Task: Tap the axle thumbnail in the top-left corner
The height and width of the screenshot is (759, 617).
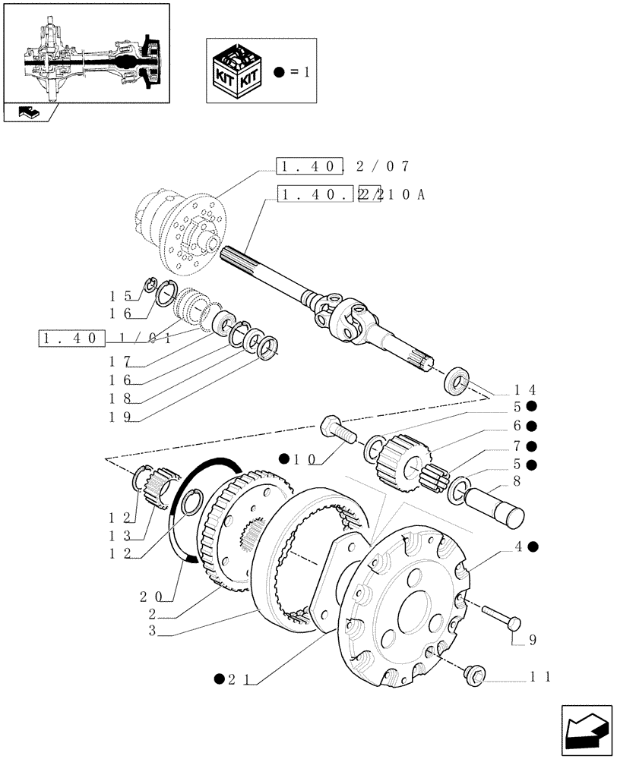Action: (x=86, y=52)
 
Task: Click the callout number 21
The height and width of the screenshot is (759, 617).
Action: (x=237, y=679)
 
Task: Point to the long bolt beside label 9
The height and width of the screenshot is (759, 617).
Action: (x=499, y=616)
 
